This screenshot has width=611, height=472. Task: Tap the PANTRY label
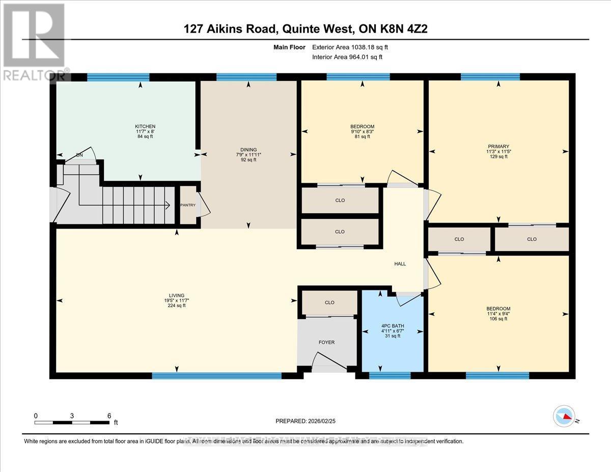click(x=188, y=205)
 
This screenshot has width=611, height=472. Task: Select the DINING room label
click(x=249, y=150)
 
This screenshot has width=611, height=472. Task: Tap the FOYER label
click(x=326, y=342)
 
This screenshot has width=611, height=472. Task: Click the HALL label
click(x=400, y=264)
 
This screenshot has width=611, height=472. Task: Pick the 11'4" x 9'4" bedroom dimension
click(x=498, y=314)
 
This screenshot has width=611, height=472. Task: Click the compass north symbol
click(x=564, y=417)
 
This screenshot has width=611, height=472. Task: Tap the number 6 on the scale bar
click(x=109, y=415)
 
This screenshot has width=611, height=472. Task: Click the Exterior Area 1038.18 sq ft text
click(x=353, y=47)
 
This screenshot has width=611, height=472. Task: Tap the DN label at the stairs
click(x=79, y=155)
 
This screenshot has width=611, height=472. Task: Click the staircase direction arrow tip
click(x=169, y=205)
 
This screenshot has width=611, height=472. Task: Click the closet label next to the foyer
click(x=329, y=302)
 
